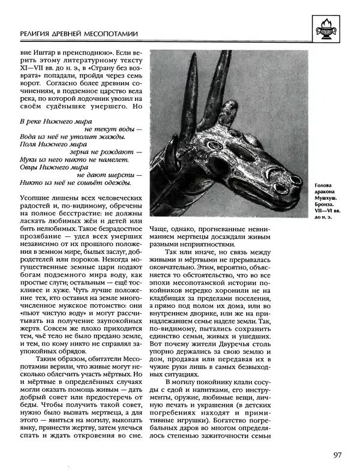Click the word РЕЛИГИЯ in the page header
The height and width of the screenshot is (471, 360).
coord(37,35)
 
